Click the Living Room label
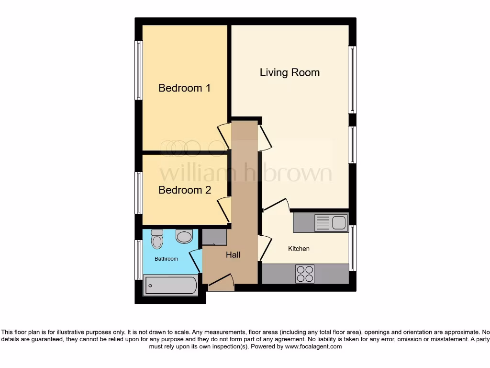pos(290,73)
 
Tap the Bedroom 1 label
pos(184,88)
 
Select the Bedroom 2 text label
pos(184,190)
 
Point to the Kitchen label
pos(299,249)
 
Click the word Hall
pos(233,255)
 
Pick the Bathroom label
pos(166,259)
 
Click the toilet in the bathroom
pos(156,239)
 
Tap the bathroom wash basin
pos(184,235)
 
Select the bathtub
pos(170,286)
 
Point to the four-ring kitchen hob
pos(305,274)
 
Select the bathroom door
pos(195,261)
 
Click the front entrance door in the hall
pos(221,283)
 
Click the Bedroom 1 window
pos(138,70)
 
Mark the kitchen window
pos(353,248)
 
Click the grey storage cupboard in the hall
pos(214,237)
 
